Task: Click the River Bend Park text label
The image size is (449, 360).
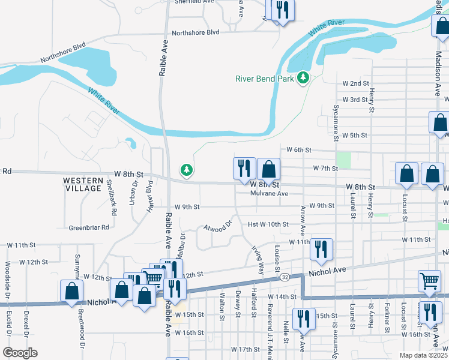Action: point(265,79)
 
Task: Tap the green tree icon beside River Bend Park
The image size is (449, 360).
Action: point(304,78)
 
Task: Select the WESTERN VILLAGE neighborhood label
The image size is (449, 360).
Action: point(83,184)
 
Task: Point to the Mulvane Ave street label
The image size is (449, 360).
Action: point(270,194)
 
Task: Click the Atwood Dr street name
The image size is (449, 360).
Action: point(217,227)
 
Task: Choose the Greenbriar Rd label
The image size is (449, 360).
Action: point(89,227)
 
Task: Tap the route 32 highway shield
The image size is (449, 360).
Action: point(285,278)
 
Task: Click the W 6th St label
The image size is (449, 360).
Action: point(298,149)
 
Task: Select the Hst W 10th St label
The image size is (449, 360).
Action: point(268,224)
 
